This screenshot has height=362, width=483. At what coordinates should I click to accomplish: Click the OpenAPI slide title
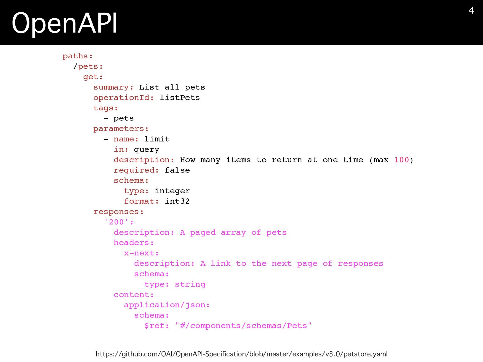64,23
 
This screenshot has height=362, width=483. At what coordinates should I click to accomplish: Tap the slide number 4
471,11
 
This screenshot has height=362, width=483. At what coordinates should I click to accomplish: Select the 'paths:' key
77,56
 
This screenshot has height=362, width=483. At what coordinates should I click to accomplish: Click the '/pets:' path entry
88,67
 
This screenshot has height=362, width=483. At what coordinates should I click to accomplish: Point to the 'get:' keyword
93,77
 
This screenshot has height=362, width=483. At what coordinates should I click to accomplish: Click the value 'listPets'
180,98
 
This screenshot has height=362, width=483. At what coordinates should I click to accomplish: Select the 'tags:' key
106,108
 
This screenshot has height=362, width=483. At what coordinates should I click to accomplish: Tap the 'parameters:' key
121,129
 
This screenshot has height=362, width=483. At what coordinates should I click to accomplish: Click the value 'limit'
157,139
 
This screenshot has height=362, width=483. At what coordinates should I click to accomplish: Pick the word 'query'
146,150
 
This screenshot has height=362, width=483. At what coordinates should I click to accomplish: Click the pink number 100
401,160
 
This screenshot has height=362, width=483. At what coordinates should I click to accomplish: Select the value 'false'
177,170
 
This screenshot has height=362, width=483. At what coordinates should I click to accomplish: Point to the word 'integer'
172,191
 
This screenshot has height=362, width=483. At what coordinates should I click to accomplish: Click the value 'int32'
177,201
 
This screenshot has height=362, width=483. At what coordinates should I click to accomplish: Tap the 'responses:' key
118,212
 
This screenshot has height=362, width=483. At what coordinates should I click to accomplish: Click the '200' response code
116,222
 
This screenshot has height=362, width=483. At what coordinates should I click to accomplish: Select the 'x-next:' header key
141,253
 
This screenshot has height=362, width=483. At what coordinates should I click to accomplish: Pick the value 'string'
190,284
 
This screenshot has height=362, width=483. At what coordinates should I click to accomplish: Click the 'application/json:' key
167,305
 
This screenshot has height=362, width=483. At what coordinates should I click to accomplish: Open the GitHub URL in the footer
242,354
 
